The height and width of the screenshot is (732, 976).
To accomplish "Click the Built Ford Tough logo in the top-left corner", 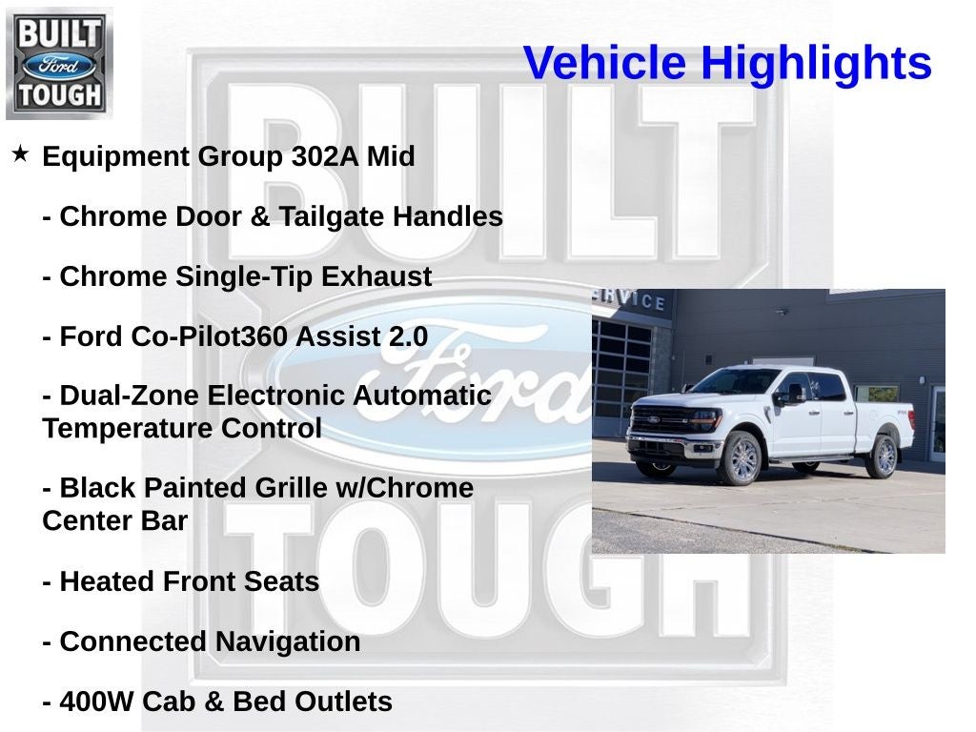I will pos(59,64).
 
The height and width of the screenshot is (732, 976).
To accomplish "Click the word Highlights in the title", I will pos(816,64).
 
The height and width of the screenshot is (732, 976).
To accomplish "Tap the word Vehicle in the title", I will pos(604,64).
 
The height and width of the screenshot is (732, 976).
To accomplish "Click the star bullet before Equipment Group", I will pos(20,153).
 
